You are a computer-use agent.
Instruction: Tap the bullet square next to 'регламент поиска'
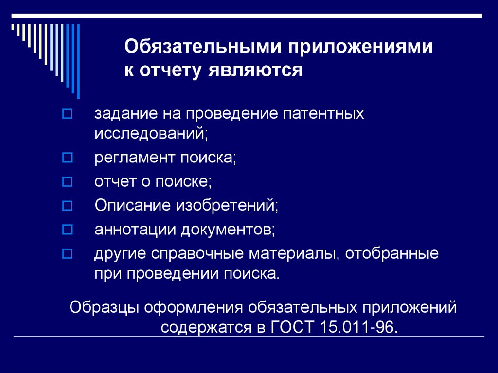click(68, 159)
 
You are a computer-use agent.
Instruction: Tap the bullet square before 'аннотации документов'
click(68, 228)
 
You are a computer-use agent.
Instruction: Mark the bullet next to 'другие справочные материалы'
click(68, 253)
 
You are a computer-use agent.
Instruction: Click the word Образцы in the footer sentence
click(99, 308)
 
